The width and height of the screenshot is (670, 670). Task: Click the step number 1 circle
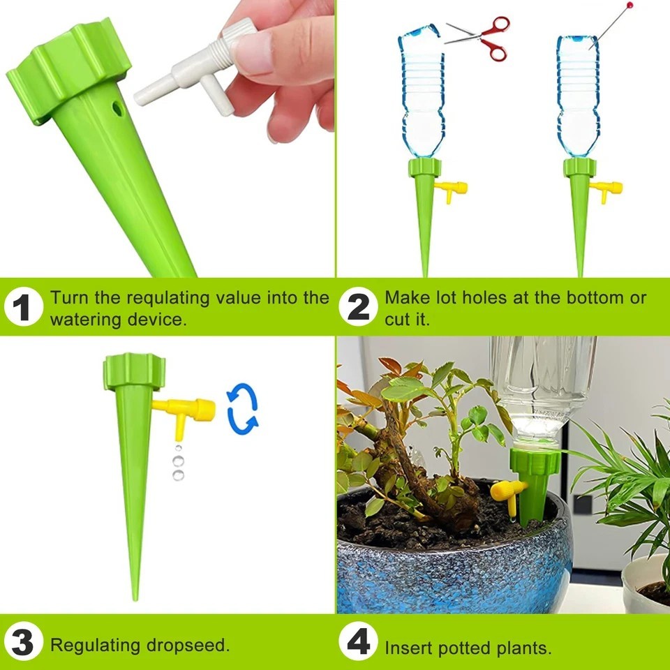(x=22, y=308)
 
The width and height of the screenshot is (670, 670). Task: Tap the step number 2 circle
(x=358, y=308)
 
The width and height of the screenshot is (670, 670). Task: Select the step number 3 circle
(x=22, y=643)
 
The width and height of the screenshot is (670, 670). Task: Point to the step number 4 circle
(x=358, y=643)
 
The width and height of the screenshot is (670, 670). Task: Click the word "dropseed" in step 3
(x=187, y=645)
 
